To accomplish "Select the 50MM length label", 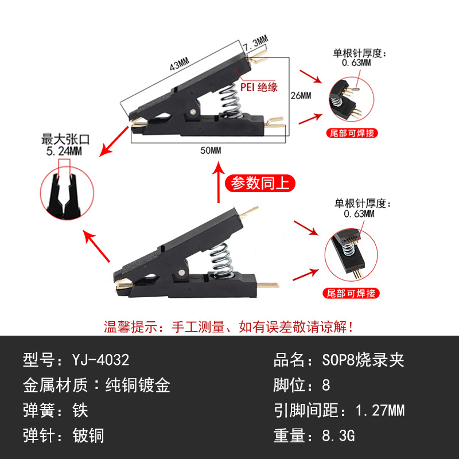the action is point(211,150).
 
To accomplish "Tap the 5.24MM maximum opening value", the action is point(63,151).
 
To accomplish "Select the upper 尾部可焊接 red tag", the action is point(352,133).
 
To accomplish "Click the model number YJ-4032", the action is point(101,360).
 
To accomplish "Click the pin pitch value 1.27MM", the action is point(380,410).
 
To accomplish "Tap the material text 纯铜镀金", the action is point(138,385).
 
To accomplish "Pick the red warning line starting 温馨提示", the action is point(229,327).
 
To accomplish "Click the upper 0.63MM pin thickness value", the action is point(357,63).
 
